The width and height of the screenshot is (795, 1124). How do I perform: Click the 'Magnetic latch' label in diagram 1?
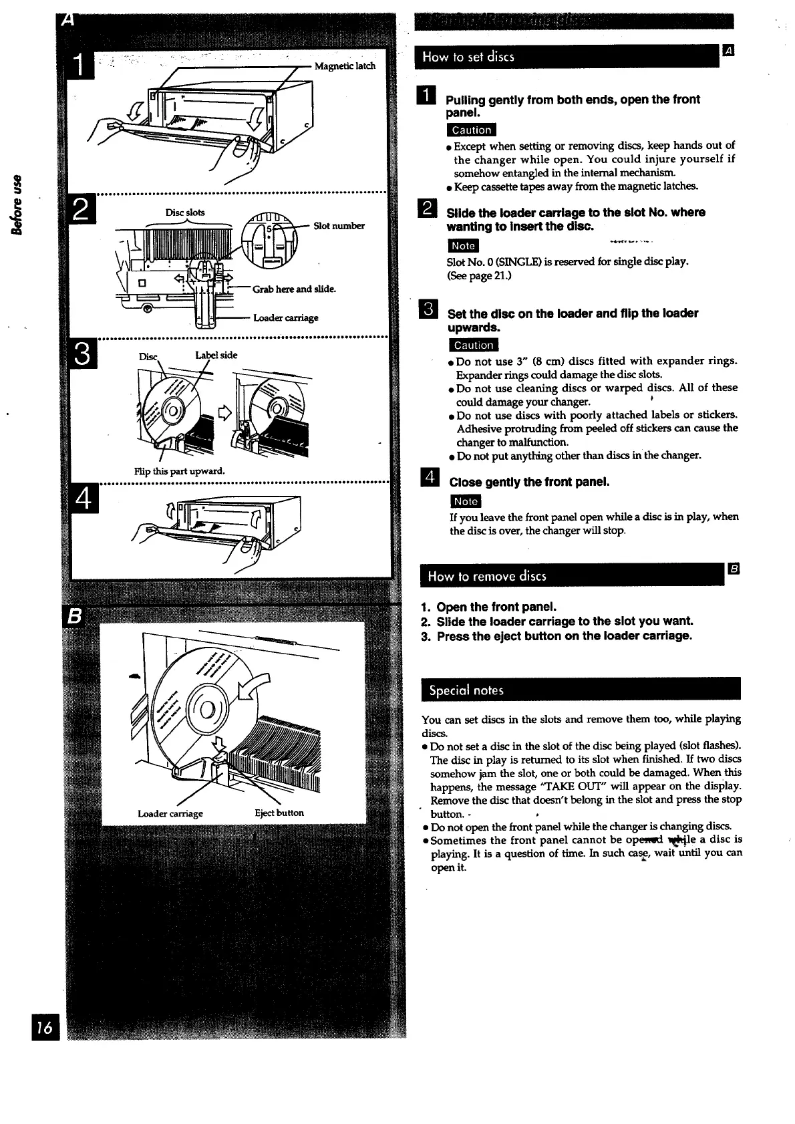[345, 66]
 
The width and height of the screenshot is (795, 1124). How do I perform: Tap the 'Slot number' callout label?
[339, 226]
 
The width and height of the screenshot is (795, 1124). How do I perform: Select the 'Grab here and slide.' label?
[294, 289]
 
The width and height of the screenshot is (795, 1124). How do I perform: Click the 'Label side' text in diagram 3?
[216, 355]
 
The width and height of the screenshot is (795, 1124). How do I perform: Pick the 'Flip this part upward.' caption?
[179, 471]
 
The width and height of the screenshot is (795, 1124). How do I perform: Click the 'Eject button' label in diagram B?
[279, 813]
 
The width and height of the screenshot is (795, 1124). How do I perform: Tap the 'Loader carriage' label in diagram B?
[170, 813]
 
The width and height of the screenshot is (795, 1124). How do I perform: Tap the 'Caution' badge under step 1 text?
[471, 130]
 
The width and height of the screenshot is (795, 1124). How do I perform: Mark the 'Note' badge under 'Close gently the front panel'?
[465, 501]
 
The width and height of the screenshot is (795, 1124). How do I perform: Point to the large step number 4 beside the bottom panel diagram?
[84, 499]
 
